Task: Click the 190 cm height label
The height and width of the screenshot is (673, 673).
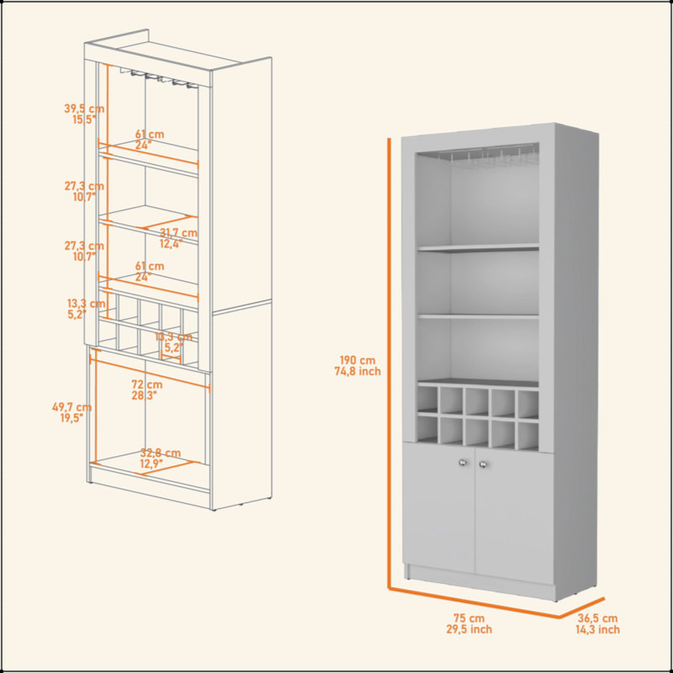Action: point(357,360)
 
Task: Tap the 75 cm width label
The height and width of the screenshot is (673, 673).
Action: point(469,618)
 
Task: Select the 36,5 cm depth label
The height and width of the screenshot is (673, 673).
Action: point(597,618)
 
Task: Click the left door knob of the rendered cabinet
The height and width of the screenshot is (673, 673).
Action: point(463,463)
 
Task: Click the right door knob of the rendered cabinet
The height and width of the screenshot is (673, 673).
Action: point(483,464)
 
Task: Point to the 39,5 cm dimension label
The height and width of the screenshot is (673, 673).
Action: point(84,109)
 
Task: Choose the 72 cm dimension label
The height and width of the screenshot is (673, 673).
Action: point(146,384)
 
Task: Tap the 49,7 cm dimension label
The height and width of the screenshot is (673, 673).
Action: point(72,406)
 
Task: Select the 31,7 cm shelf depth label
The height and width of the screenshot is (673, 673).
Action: point(178,233)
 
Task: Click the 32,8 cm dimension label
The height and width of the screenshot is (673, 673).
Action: point(161,453)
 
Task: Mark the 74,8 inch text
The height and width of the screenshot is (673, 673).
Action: point(358,371)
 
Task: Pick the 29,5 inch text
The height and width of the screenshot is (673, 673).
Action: point(469,629)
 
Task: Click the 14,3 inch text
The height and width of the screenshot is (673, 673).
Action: point(597,629)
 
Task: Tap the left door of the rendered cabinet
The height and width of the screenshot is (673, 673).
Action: point(438,508)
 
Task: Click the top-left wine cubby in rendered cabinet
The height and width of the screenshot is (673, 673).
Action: point(427,398)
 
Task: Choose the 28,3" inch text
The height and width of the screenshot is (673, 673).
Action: point(144,395)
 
